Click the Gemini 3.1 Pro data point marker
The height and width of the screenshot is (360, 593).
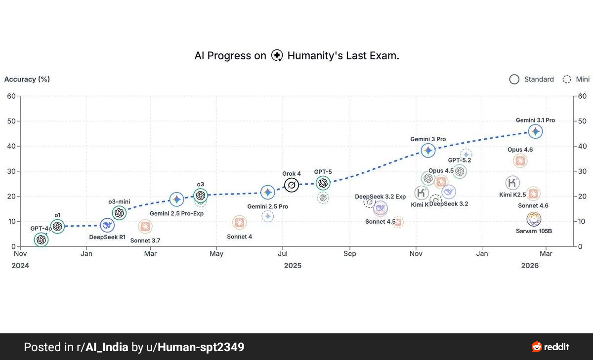pyautogui.click(x=535, y=131)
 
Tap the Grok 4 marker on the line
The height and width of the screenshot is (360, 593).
pyautogui.click(x=292, y=185)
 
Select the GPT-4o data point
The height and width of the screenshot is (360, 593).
pyautogui.click(x=42, y=240)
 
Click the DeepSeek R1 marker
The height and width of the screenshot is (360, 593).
pyautogui.click(x=107, y=225)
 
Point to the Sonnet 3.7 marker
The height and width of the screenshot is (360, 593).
pyautogui.click(x=145, y=227)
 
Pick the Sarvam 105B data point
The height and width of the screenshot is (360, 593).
pyautogui.click(x=534, y=219)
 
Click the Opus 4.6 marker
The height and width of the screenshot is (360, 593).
pyautogui.click(x=520, y=161)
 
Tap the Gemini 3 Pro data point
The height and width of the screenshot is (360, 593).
pyautogui.click(x=428, y=151)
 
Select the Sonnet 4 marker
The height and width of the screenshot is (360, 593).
pyautogui.click(x=239, y=223)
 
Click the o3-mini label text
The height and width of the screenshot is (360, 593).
pyautogui.click(x=119, y=201)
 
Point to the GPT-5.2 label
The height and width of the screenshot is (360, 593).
pyautogui.click(x=459, y=160)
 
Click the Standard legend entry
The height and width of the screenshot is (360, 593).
pyautogui.click(x=532, y=80)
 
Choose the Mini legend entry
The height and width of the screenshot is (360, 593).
pyautogui.click(x=576, y=80)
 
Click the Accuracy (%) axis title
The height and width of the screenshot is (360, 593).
pyautogui.click(x=27, y=79)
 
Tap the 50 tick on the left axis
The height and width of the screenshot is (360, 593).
pyautogui.click(x=11, y=121)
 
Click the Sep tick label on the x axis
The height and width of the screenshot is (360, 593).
pyautogui.click(x=349, y=254)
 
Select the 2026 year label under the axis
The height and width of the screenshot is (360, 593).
pyautogui.click(x=530, y=266)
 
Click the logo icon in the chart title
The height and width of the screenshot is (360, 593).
pyautogui.click(x=277, y=56)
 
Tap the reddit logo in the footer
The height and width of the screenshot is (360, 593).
pyautogui.click(x=551, y=347)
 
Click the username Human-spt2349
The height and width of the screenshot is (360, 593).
pyautogui.click(x=201, y=347)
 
